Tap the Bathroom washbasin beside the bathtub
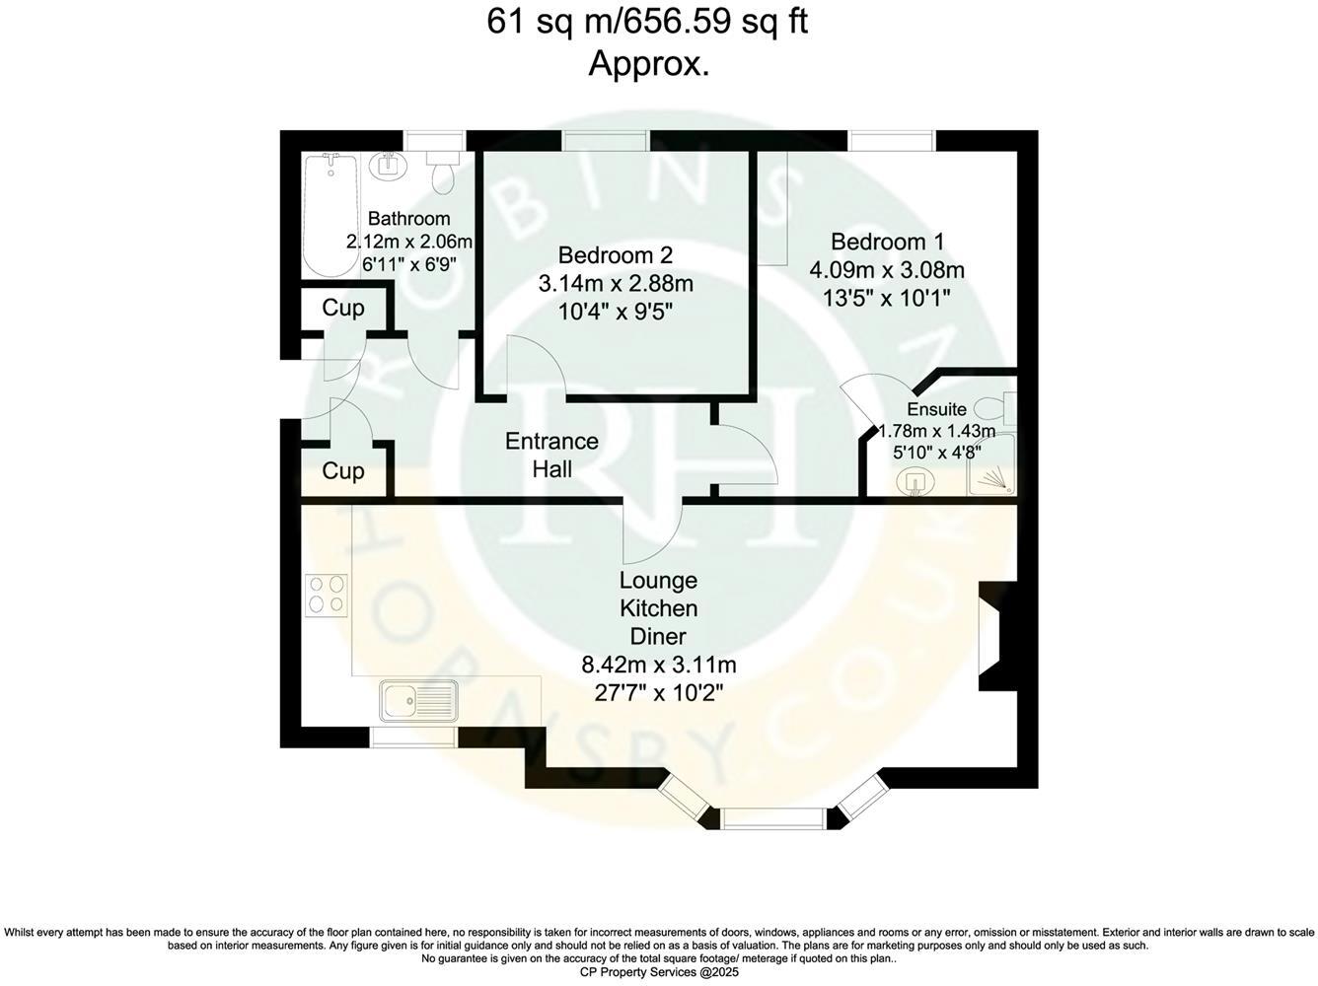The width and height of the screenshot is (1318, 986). click(x=387, y=165)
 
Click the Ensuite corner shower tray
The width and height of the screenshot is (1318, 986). click(x=990, y=476)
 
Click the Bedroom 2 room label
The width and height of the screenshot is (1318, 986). click(x=616, y=254)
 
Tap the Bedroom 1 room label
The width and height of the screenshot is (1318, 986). click(x=887, y=242)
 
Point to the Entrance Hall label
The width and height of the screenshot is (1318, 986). click(x=551, y=455)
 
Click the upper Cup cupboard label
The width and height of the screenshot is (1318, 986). click(x=343, y=308)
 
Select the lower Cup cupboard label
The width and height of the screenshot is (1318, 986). click(x=343, y=471)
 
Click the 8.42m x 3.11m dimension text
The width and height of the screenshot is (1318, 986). click(x=658, y=665)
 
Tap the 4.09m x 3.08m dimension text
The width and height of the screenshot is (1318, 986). click(x=887, y=269)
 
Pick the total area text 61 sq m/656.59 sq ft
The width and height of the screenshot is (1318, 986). click(x=648, y=22)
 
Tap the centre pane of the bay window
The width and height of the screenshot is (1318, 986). click(x=771, y=817)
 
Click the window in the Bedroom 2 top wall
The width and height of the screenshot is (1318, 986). click(x=605, y=141)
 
